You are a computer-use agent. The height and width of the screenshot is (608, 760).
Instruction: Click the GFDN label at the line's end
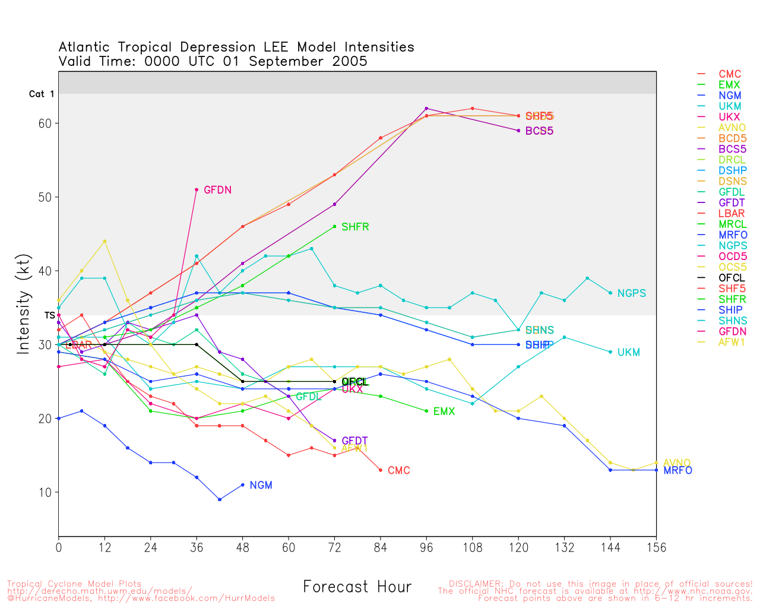click(217, 190)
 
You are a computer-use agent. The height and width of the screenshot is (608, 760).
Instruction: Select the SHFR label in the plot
click(355, 227)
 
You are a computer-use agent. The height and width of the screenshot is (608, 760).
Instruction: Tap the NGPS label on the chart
click(631, 293)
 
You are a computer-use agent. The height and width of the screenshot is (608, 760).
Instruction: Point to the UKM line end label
click(628, 353)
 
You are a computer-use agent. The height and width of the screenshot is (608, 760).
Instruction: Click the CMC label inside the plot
click(398, 470)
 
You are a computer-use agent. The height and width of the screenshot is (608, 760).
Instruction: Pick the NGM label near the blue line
click(261, 485)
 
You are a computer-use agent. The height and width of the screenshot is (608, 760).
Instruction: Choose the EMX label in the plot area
click(444, 411)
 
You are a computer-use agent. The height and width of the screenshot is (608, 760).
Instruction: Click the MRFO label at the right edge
click(677, 470)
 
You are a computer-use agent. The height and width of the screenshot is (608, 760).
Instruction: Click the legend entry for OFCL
click(731, 278)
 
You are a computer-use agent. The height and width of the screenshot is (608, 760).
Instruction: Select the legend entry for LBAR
click(731, 213)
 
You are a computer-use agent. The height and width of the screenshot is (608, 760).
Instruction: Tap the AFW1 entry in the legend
click(731, 342)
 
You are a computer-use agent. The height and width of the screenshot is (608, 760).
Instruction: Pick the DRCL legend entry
click(731, 160)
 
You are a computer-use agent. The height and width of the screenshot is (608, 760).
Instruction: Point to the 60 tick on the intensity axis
click(45, 123)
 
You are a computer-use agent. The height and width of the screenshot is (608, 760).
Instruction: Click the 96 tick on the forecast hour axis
click(426, 547)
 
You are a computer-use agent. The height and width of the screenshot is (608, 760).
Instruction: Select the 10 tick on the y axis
click(45, 493)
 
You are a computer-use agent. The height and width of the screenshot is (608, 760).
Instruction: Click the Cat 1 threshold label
click(42, 94)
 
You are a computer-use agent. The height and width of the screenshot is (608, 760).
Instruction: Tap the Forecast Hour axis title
click(357, 587)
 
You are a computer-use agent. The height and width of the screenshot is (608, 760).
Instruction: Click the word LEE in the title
click(275, 47)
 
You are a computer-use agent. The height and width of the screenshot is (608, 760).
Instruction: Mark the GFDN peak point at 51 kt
click(197, 189)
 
